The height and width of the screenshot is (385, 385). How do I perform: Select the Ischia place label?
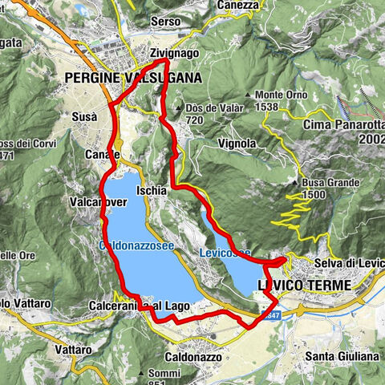152,191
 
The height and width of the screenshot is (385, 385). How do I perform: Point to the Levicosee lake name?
224,253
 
